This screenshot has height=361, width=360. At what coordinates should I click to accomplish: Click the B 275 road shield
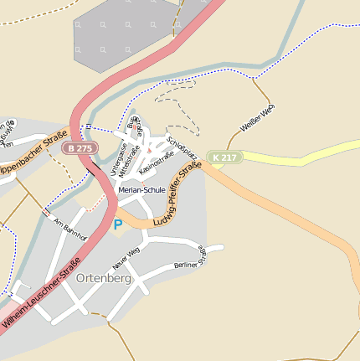coord(81,148)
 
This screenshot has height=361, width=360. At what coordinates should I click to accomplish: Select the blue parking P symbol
coord(118,224)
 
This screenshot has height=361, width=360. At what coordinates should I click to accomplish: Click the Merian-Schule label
coord(141,190)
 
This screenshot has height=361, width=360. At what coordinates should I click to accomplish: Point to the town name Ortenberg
coord(103,278)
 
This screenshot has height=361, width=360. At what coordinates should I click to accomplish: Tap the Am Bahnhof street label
coord(70,230)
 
